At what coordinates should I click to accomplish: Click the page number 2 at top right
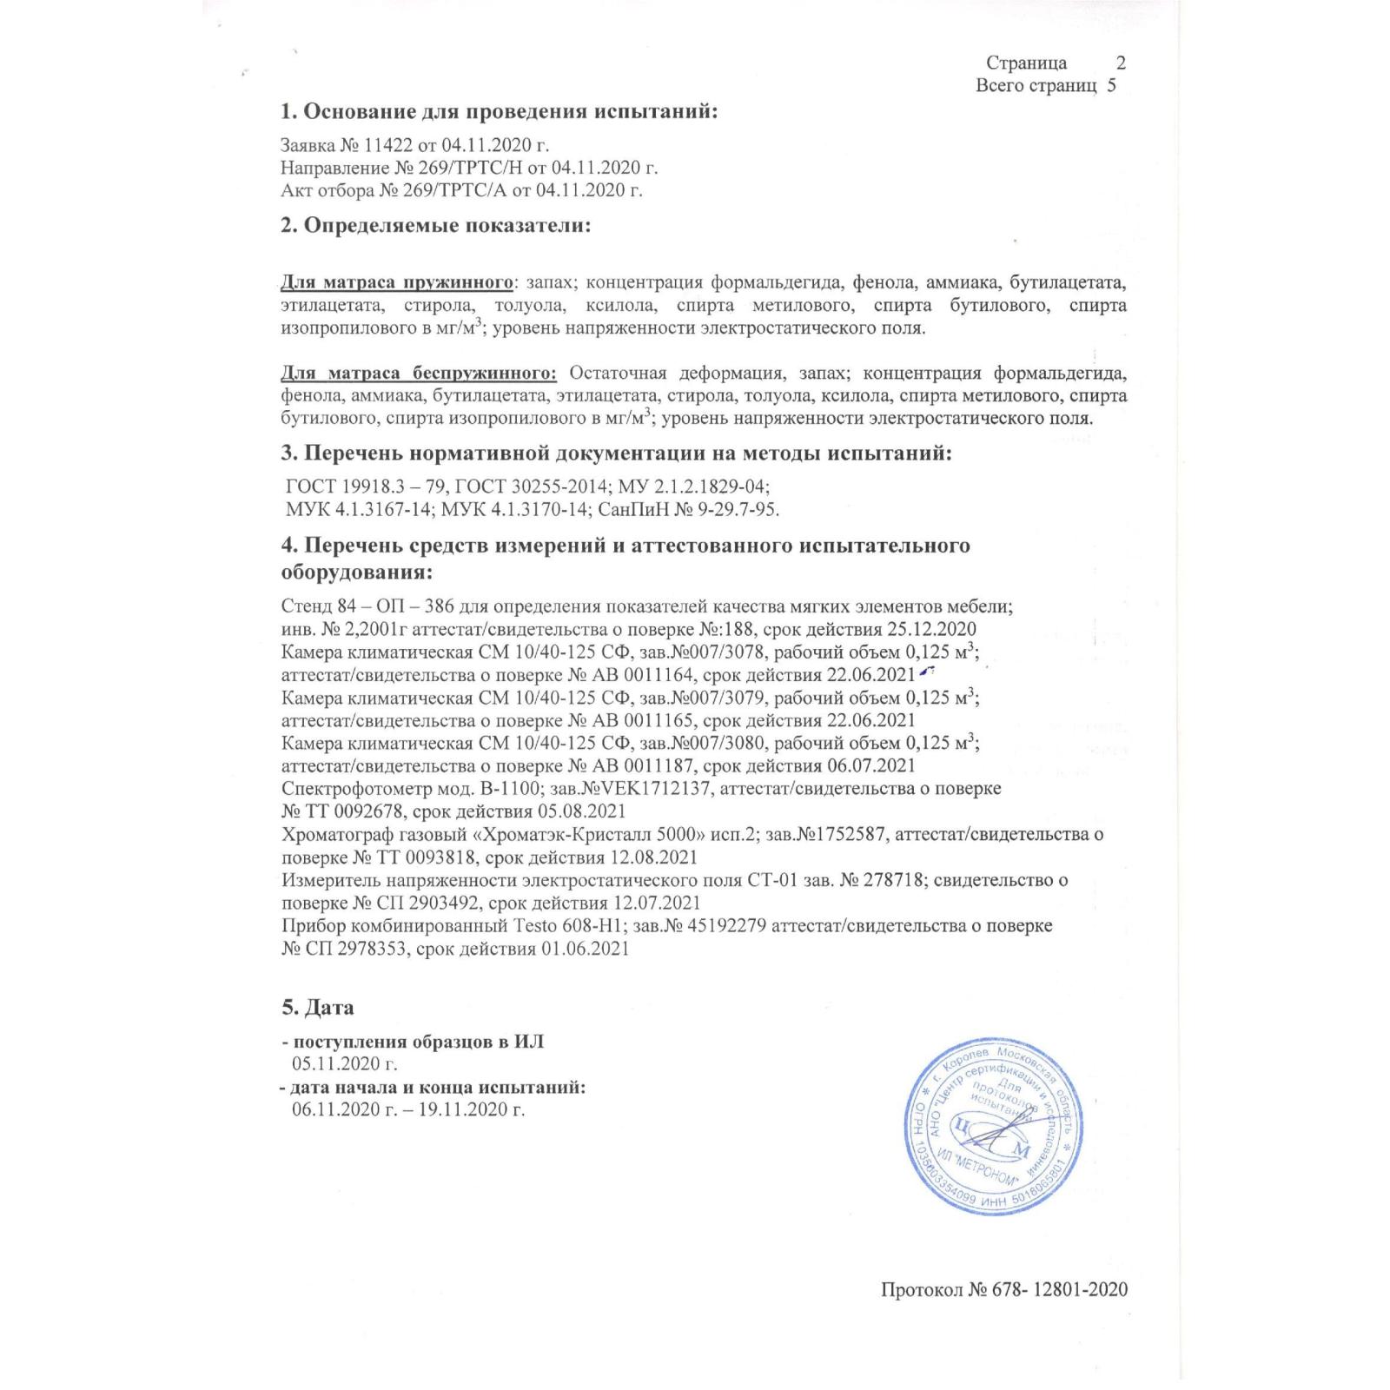(1121, 63)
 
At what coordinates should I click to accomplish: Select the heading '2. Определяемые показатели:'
(435, 226)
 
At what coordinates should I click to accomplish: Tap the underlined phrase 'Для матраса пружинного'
(397, 283)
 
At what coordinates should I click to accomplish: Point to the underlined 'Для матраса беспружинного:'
(419, 374)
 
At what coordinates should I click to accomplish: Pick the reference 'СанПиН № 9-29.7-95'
(689, 508)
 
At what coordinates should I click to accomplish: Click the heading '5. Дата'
(317, 1008)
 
